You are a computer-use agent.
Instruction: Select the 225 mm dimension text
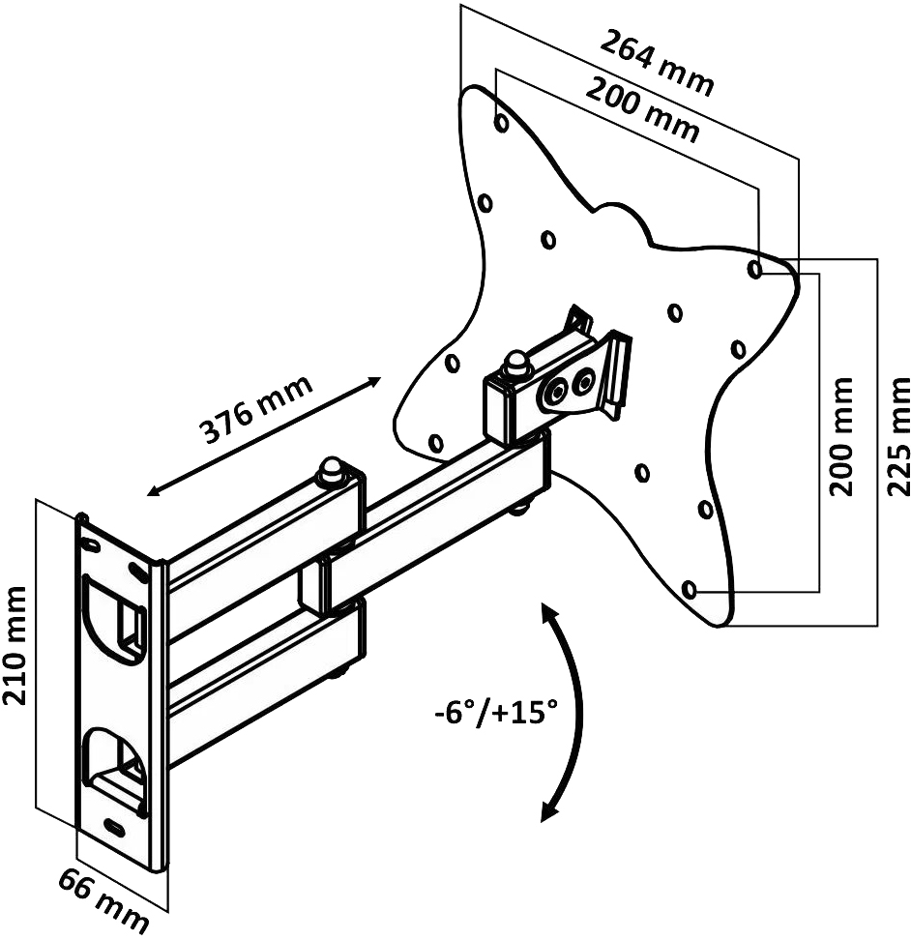click(x=897, y=436)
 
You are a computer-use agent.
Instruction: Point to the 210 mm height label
click(x=15, y=646)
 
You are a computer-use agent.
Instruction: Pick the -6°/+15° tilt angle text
click(x=496, y=714)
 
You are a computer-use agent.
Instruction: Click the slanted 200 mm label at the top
click(x=642, y=109)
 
